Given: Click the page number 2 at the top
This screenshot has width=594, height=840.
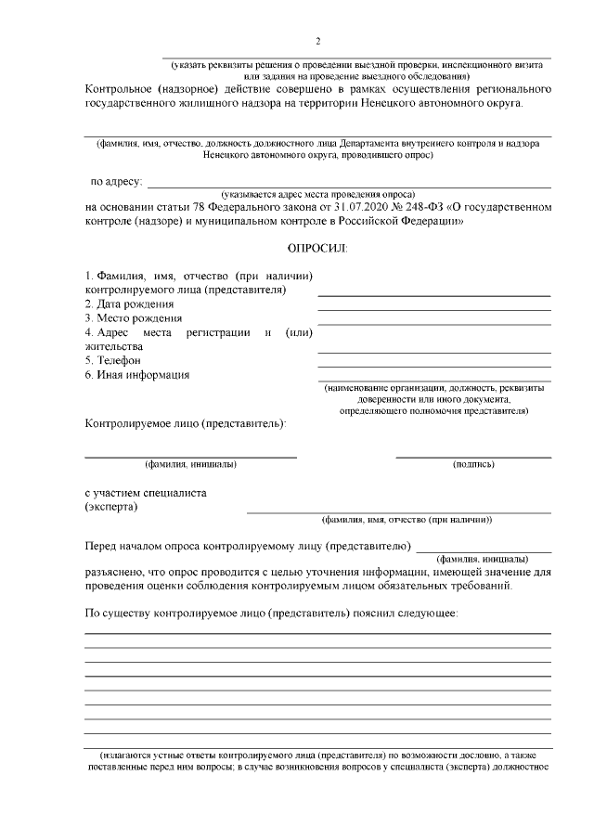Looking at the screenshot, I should pos(317,42).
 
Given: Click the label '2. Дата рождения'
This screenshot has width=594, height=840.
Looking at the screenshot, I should pos(123,304).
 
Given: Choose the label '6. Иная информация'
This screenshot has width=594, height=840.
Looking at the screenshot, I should pos(137,375).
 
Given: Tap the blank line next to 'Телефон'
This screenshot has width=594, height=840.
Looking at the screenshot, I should pos(433,366).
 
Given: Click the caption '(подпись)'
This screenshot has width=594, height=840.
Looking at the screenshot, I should pos(473,463).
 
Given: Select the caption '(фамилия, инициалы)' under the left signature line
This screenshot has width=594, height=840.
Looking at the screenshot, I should pos(190,463).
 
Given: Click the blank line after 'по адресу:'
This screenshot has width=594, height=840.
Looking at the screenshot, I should pos(349,187).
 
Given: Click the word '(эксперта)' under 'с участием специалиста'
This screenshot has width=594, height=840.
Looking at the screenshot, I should pos(111,507).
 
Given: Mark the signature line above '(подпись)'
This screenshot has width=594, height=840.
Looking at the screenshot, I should pos(473,457).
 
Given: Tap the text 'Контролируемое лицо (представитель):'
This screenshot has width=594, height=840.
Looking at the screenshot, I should pos(186,424).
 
